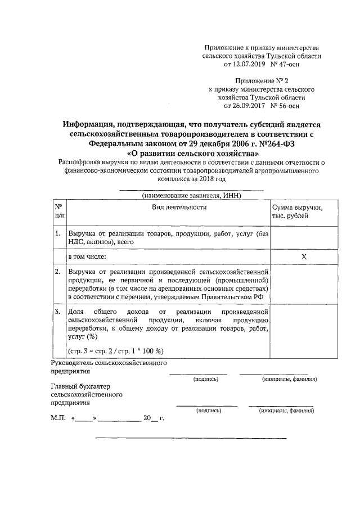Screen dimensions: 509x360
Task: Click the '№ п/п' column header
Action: [58, 211]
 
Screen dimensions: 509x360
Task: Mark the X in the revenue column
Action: [304, 256]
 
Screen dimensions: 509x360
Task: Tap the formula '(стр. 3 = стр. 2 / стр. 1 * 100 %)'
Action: [115, 350]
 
